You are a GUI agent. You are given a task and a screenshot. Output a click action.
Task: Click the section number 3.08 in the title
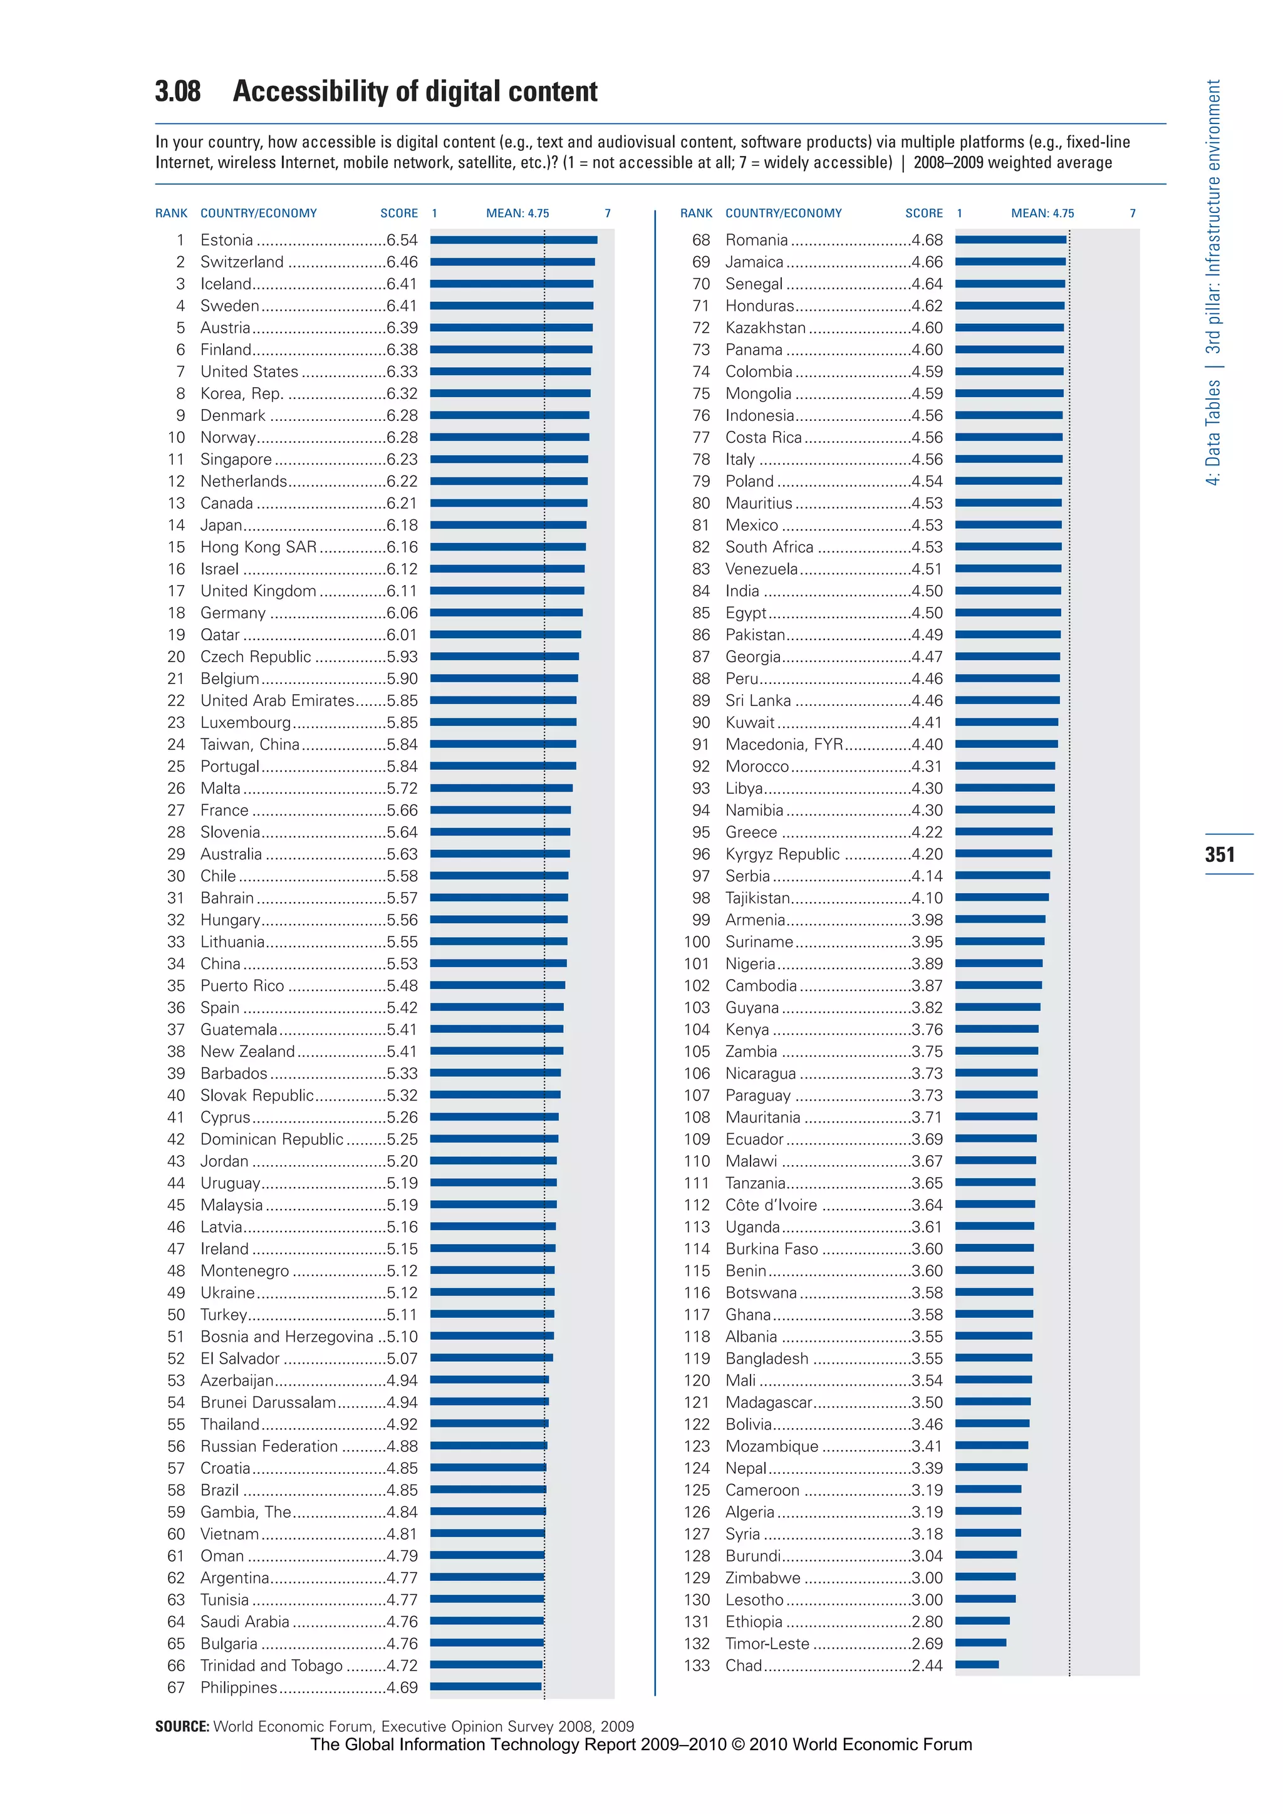click(x=178, y=91)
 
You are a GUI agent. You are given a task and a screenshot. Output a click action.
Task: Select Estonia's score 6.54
click(x=402, y=240)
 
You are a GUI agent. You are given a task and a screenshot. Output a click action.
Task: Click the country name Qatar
click(x=220, y=635)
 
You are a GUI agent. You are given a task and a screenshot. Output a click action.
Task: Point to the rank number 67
click(x=176, y=1687)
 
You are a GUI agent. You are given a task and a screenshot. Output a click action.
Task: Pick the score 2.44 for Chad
click(x=927, y=1666)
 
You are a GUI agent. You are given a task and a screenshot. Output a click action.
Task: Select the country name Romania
click(x=756, y=240)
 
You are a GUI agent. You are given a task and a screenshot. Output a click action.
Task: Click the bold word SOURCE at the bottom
click(x=182, y=1726)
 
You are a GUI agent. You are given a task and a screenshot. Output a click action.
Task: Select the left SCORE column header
click(x=399, y=214)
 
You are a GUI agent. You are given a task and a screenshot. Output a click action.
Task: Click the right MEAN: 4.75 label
click(x=1042, y=214)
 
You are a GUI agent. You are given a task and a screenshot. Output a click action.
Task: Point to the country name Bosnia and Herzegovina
click(x=286, y=1337)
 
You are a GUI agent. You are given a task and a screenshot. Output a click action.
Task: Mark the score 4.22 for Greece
click(x=927, y=832)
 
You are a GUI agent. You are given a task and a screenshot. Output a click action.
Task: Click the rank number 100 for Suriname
click(x=697, y=941)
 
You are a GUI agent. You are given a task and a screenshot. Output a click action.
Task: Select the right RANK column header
click(x=696, y=214)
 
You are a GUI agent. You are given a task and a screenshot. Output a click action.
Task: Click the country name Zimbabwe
click(x=762, y=1578)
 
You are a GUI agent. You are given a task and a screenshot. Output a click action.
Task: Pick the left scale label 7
click(x=608, y=214)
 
